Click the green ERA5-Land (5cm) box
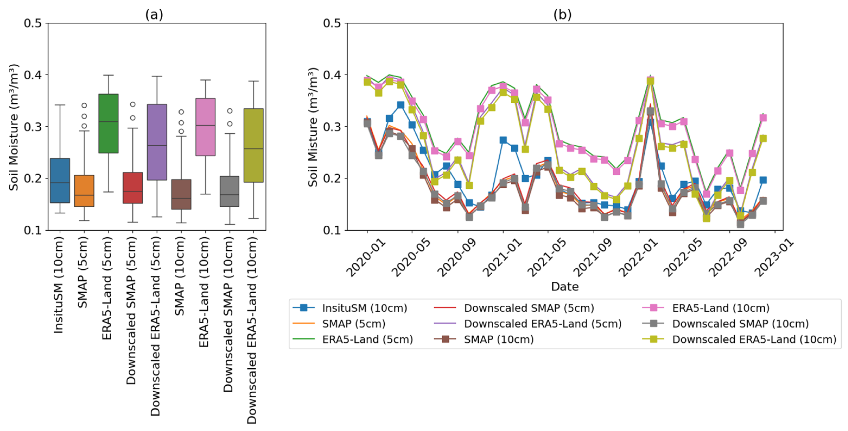[108, 124]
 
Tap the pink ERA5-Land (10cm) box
[205, 127]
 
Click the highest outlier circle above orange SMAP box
[84, 105]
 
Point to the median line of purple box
[157, 145]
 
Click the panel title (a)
[154, 14]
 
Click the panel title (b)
[562, 14]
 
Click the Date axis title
[565, 286]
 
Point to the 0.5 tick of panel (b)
[333, 23]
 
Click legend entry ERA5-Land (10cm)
[720, 308]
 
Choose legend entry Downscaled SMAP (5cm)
[529, 308]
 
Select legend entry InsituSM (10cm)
[364, 308]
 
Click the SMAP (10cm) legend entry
[499, 339]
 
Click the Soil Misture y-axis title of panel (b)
[313, 127]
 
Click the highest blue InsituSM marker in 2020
[401, 105]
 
